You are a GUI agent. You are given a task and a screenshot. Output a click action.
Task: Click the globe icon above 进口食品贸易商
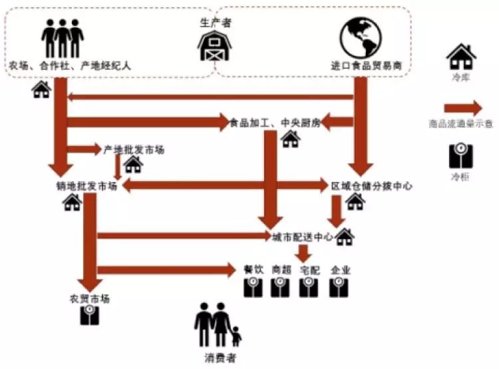tap(359, 37)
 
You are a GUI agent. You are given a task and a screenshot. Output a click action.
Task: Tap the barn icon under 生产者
tap(216, 46)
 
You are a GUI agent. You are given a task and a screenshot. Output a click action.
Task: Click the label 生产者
tap(216, 22)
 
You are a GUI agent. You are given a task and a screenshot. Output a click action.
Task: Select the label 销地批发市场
tap(87, 186)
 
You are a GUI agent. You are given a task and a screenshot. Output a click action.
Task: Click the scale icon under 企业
tap(340, 287)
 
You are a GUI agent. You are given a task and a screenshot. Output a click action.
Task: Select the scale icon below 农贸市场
tap(90, 316)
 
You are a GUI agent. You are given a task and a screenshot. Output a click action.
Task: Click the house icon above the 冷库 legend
tap(460, 57)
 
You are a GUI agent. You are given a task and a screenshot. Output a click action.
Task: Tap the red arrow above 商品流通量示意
tap(463, 108)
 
